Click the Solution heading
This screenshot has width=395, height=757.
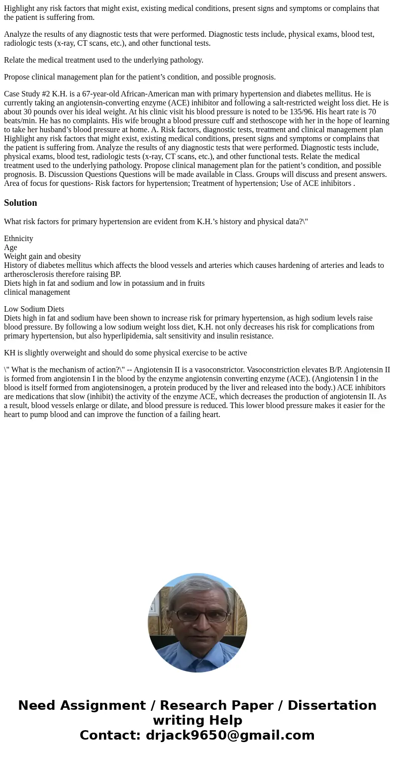[x=20, y=203]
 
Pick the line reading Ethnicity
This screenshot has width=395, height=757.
[x=18, y=239]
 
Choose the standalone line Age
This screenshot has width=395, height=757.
[x=10, y=248]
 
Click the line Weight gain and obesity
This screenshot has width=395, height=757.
[x=42, y=256]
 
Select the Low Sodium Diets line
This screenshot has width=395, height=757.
[x=34, y=309]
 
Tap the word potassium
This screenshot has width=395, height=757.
[x=144, y=283]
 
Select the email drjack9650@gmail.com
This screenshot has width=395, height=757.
[x=230, y=735]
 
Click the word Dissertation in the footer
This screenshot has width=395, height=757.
[x=332, y=706]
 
